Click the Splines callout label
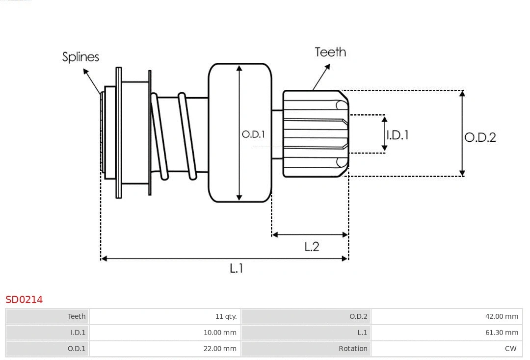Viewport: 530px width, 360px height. [x=80, y=57]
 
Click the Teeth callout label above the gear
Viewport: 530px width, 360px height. [x=330, y=52]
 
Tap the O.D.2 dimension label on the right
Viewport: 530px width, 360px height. [x=480, y=137]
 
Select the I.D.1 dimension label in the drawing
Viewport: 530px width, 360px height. [x=397, y=135]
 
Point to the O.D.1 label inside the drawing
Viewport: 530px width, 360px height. [x=253, y=134]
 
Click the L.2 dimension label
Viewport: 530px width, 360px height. [x=312, y=246]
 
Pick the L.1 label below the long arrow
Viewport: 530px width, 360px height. [x=237, y=268]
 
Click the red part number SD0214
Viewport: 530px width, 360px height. [x=24, y=299]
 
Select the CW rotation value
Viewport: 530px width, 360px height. [x=510, y=349]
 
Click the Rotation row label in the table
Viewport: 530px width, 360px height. [x=353, y=349]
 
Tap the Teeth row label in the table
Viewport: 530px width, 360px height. [x=77, y=316]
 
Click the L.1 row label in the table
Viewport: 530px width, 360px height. [x=362, y=333]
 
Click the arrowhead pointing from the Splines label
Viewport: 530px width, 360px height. [x=86, y=72]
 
